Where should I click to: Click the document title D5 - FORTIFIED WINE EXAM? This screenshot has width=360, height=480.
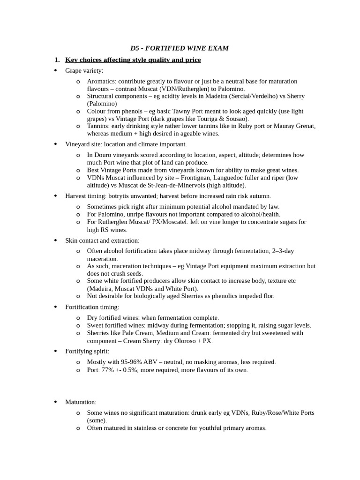pyautogui.click(x=180, y=48)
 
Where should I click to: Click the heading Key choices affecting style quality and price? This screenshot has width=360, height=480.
pyautogui.click(x=133, y=60)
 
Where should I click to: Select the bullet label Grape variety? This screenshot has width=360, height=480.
pyautogui.click(x=84, y=71)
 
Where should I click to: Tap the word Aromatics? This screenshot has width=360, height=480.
pyautogui.click(x=102, y=82)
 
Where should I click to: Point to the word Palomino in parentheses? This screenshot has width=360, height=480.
pyautogui.click(x=102, y=104)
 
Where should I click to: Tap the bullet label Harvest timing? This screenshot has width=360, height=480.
pyautogui.click(x=86, y=196)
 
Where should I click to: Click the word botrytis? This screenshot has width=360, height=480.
pyautogui.click(x=123, y=196)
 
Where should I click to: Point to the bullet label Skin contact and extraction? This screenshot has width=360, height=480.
pyautogui.click(x=102, y=240)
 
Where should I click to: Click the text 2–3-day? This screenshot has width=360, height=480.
pyautogui.click(x=283, y=251)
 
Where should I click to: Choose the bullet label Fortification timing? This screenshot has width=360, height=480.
pyautogui.click(x=92, y=307)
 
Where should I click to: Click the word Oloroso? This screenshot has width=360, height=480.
pyautogui.click(x=172, y=341)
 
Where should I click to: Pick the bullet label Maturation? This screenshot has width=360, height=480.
pyautogui.click(x=80, y=402)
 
